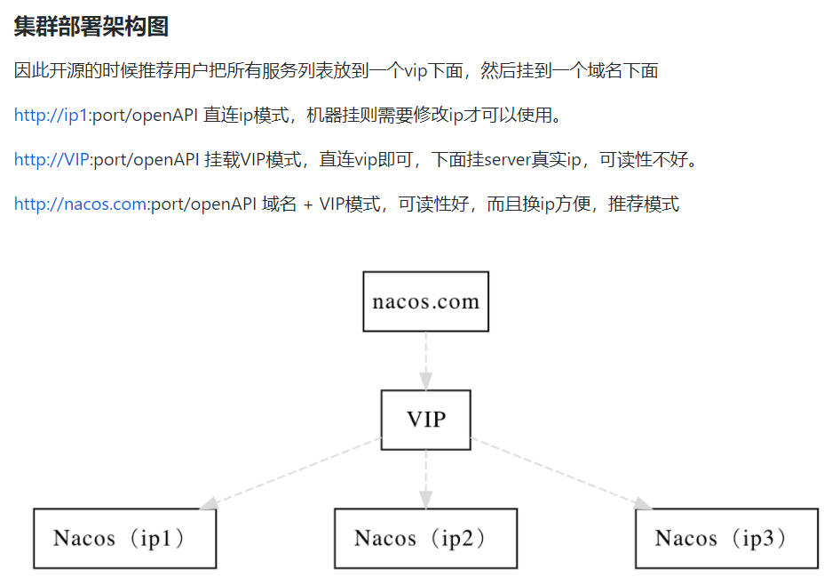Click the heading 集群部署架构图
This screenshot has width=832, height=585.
click(x=91, y=27)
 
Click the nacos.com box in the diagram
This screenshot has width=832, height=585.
click(x=426, y=301)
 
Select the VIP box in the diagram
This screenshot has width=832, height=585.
click(x=426, y=420)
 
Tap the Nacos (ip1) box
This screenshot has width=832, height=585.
click(x=124, y=538)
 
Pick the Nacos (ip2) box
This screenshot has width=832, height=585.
click(x=425, y=538)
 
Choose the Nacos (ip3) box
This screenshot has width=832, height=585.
click(x=726, y=538)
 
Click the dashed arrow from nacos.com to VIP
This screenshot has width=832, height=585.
click(x=426, y=360)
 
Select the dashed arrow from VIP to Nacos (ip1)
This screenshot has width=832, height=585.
click(x=293, y=474)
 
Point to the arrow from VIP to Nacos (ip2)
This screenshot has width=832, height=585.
click(x=426, y=478)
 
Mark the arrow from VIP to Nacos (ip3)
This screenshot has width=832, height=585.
click(x=559, y=474)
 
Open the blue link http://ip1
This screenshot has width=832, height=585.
click(x=51, y=116)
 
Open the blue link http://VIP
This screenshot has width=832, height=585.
click(x=52, y=160)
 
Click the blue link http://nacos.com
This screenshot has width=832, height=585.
click(x=80, y=204)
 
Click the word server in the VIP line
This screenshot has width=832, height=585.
click(x=505, y=160)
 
